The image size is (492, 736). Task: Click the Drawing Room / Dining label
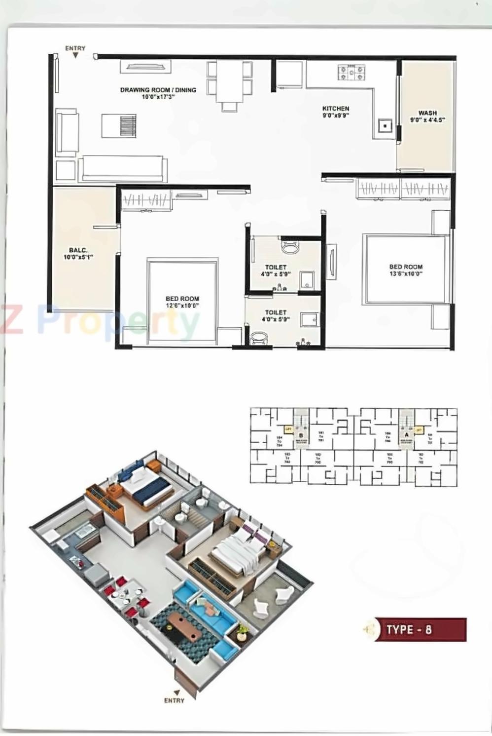coord(158,93)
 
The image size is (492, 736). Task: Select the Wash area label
coord(427,116)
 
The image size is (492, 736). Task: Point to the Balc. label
coord(78,254)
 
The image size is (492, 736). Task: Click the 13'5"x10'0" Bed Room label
coord(406,270)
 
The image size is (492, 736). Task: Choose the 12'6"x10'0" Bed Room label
coord(182,302)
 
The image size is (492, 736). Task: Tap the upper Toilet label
coord(276,271)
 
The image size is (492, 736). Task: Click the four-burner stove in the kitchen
coord(351,73)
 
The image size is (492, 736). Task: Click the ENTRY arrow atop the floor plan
coord(75,56)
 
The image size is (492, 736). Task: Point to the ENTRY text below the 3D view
coord(174,700)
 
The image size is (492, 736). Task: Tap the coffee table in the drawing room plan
coord(119,126)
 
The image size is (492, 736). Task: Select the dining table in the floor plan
coord(230,81)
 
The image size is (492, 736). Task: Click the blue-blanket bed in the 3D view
coord(146,487)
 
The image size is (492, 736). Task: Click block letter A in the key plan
coord(406,435)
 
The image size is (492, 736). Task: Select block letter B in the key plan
coord(300,435)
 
